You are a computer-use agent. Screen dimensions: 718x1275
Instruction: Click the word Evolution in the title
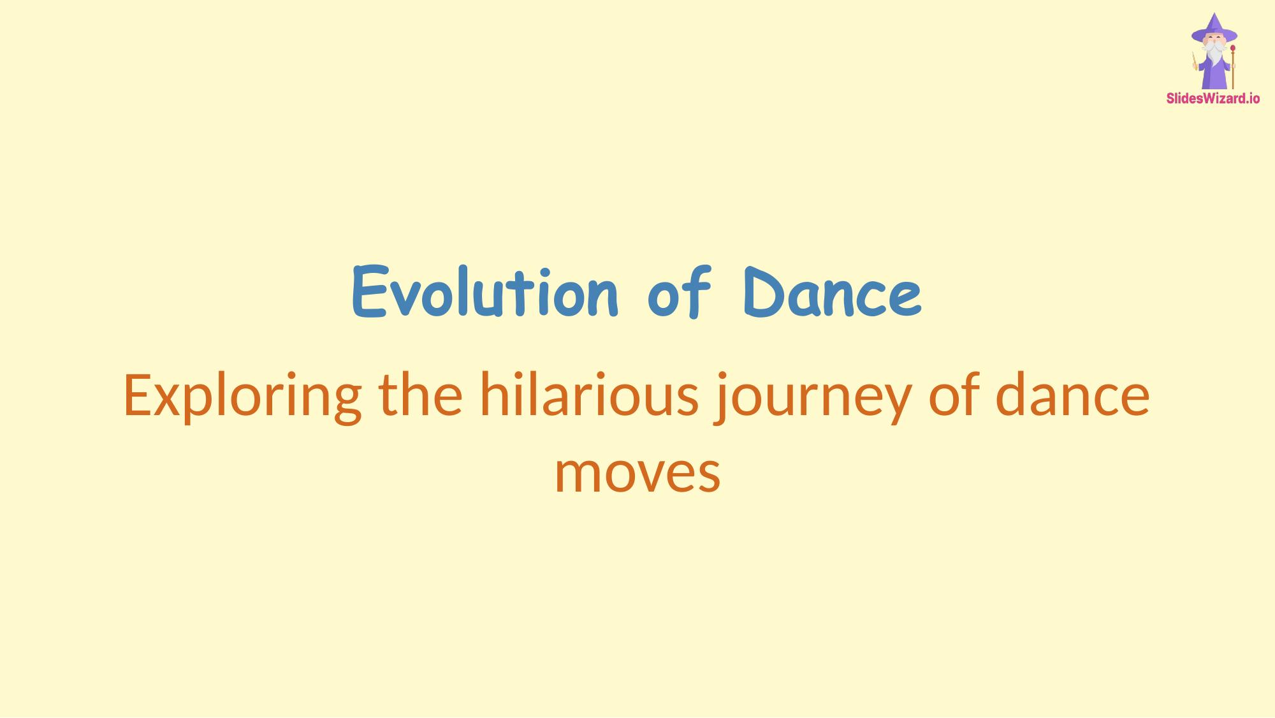pos(484,293)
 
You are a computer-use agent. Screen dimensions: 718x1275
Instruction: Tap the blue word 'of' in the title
pos(679,293)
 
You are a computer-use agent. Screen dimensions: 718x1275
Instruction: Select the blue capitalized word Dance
pos(832,293)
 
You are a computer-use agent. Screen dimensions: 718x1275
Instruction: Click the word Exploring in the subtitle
pos(242,397)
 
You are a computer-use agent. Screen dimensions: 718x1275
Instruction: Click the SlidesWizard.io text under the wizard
pos(1213,99)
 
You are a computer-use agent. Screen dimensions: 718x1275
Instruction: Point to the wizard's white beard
pos(1214,55)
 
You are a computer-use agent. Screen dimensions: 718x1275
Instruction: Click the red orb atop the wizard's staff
pos(1233,48)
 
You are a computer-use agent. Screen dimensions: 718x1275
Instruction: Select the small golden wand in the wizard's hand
pos(1195,60)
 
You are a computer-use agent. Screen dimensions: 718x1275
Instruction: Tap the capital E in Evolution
pos(370,293)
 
